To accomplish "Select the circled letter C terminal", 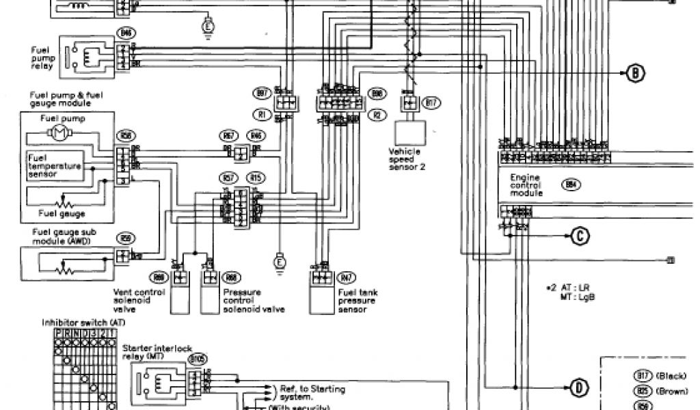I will (578, 236).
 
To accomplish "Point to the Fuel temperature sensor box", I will (54, 165).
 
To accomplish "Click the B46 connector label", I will (125, 32).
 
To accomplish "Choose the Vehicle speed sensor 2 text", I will (407, 158).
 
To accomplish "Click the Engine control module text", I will (525, 185).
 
